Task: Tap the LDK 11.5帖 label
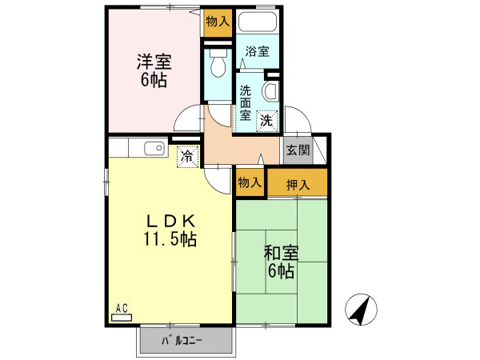[170, 230]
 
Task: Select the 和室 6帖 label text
[281, 262]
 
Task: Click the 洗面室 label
[246, 102]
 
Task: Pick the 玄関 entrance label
[298, 149]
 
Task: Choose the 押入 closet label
[297, 185]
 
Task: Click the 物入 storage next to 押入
[249, 182]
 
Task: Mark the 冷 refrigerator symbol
[186, 157]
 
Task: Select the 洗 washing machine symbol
[266, 120]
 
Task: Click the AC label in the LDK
[122, 307]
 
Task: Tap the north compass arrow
[360, 309]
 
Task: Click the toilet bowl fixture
[216, 65]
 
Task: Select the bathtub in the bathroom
[257, 22]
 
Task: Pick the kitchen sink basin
[154, 148]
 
